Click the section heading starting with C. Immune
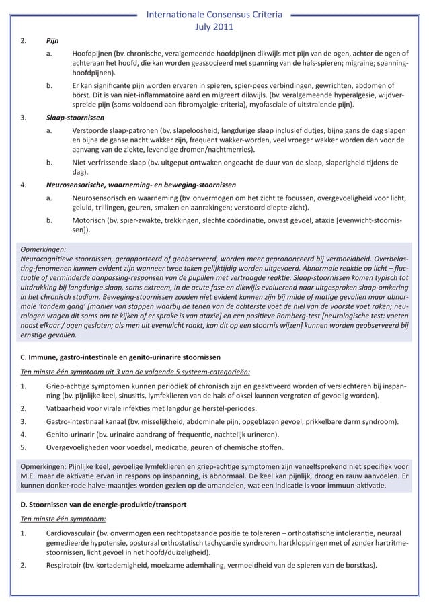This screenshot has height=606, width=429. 120,355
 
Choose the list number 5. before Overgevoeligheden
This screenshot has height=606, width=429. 24,447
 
